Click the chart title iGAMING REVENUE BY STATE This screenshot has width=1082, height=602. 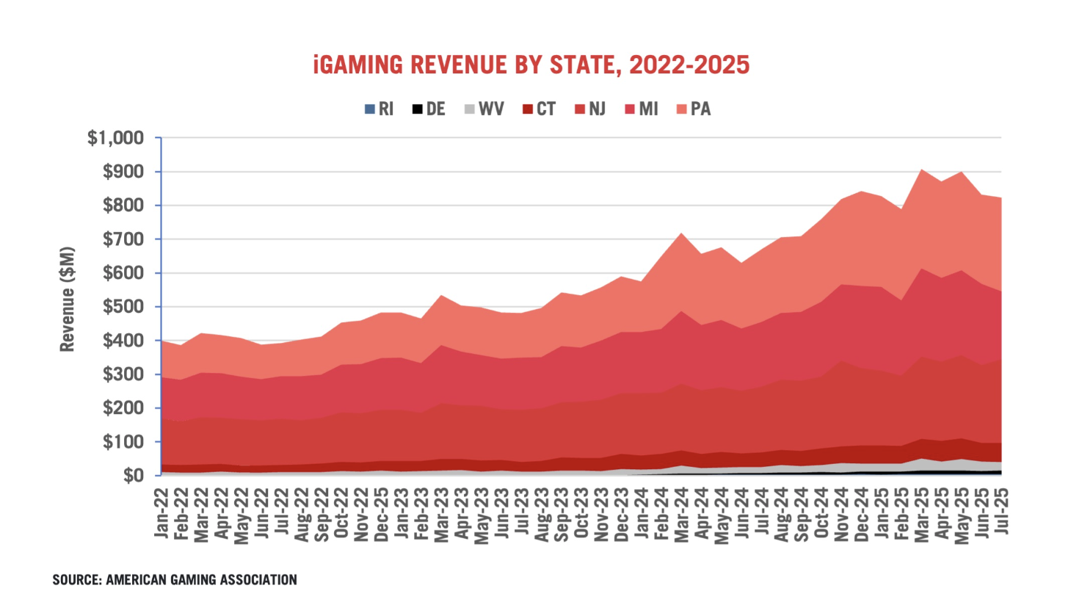point(531,65)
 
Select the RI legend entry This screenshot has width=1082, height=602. point(380,109)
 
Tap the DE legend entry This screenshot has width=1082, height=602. point(429,109)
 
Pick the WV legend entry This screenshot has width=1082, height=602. point(484,109)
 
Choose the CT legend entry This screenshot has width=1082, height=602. point(540,109)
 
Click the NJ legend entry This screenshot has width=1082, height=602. point(591,109)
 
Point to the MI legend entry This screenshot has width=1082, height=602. point(642,109)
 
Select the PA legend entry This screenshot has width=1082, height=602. point(694,109)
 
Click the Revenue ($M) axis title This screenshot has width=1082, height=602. point(68,300)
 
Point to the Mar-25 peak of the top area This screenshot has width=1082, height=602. point(921,170)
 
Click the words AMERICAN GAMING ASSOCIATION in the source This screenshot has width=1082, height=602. point(201,580)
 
